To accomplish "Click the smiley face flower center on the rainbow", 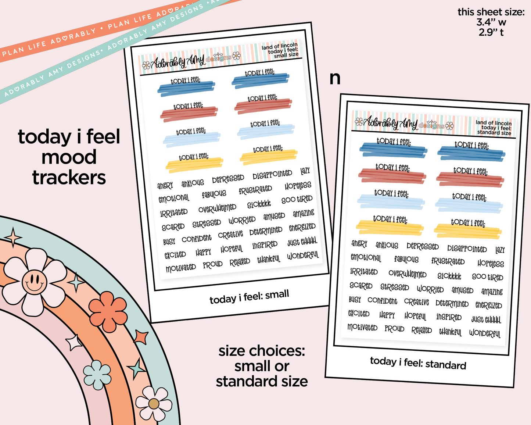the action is tap(34, 282).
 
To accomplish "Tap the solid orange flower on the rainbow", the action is tap(108, 312).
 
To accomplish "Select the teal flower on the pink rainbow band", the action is tap(97, 375).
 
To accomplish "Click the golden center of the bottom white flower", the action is tap(154, 404).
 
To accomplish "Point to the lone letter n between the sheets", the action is tap(335, 79).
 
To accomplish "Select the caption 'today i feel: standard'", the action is tap(418, 363).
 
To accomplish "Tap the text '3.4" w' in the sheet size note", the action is tap(491, 22).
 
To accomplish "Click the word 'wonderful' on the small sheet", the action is tap(303, 256).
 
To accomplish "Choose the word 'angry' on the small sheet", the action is tap(165, 185).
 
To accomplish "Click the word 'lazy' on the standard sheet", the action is tap(500, 250).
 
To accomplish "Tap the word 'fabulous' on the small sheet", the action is tap(214, 194).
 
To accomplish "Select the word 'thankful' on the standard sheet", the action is tap(450, 332).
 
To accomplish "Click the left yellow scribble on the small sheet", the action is tap(194, 165).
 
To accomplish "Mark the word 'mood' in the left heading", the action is tap(69, 157).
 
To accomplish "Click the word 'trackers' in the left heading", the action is tap(69, 178).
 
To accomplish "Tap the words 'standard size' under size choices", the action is tap(262, 381).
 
